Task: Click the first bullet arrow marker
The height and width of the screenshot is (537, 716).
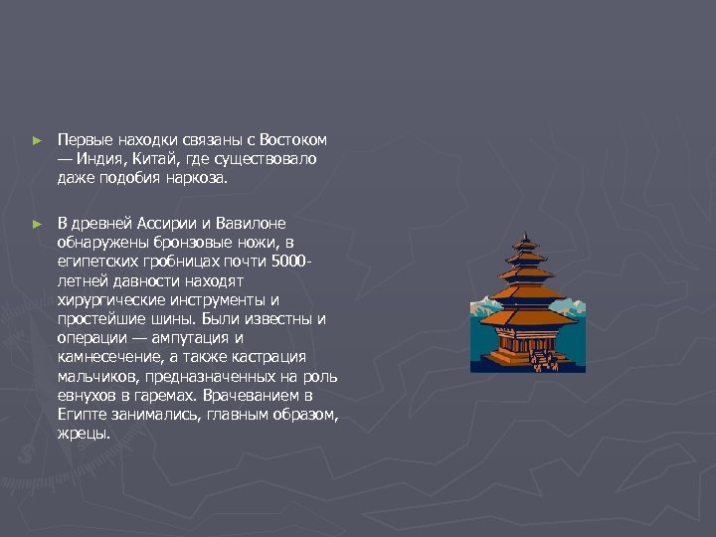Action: (37, 141)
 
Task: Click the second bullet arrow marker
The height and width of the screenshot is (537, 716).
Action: (37, 225)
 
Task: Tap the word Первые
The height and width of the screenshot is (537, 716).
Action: (84, 140)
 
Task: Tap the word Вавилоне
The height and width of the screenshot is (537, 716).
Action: (250, 224)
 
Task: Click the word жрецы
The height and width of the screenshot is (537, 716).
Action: (84, 433)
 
